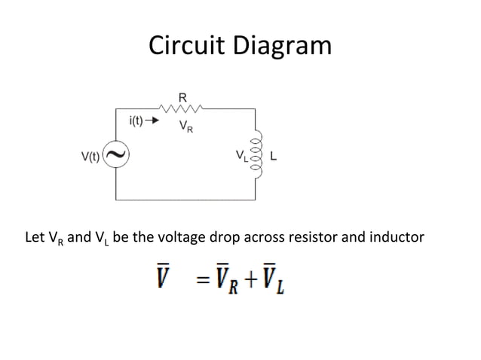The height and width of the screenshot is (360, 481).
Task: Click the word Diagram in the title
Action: coord(283,47)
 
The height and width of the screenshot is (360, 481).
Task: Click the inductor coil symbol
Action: coord(256,157)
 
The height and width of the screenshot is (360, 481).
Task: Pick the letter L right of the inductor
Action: coord(273,157)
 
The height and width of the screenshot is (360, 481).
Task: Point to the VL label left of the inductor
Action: coord(240,157)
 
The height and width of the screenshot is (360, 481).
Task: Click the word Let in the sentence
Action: coord(35,237)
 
